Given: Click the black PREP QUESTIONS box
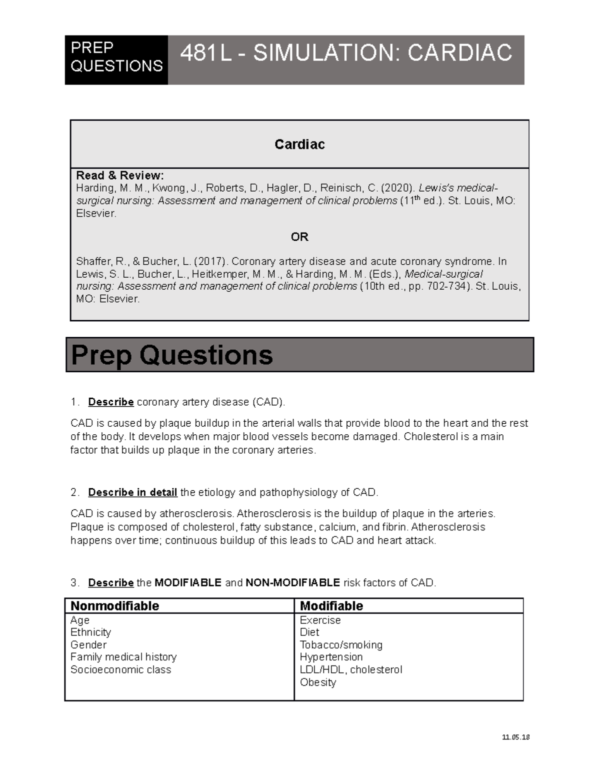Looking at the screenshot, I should pos(116,60).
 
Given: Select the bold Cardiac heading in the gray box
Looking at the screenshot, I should pos(299,145).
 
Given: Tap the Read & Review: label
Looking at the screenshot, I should pos(119,176).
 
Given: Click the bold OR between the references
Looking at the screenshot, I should pos(299,237).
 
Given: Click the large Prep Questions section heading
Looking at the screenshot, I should pos(172,355).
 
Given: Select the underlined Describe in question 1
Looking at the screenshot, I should pos(110,402).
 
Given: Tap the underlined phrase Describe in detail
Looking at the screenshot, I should pos(132,493).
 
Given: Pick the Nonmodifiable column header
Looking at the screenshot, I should pos(114,606).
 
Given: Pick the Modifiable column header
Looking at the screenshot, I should pos(331,606).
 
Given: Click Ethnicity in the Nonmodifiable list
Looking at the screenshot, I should pos(90,632).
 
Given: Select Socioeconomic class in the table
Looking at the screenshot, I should pos(120,670).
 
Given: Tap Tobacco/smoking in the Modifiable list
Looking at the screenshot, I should pos(341,645).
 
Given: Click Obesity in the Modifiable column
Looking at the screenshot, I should pos(318,682).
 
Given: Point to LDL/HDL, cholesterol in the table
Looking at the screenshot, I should pos(350,670).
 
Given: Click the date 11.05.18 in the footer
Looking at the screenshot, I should pos(515,737).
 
